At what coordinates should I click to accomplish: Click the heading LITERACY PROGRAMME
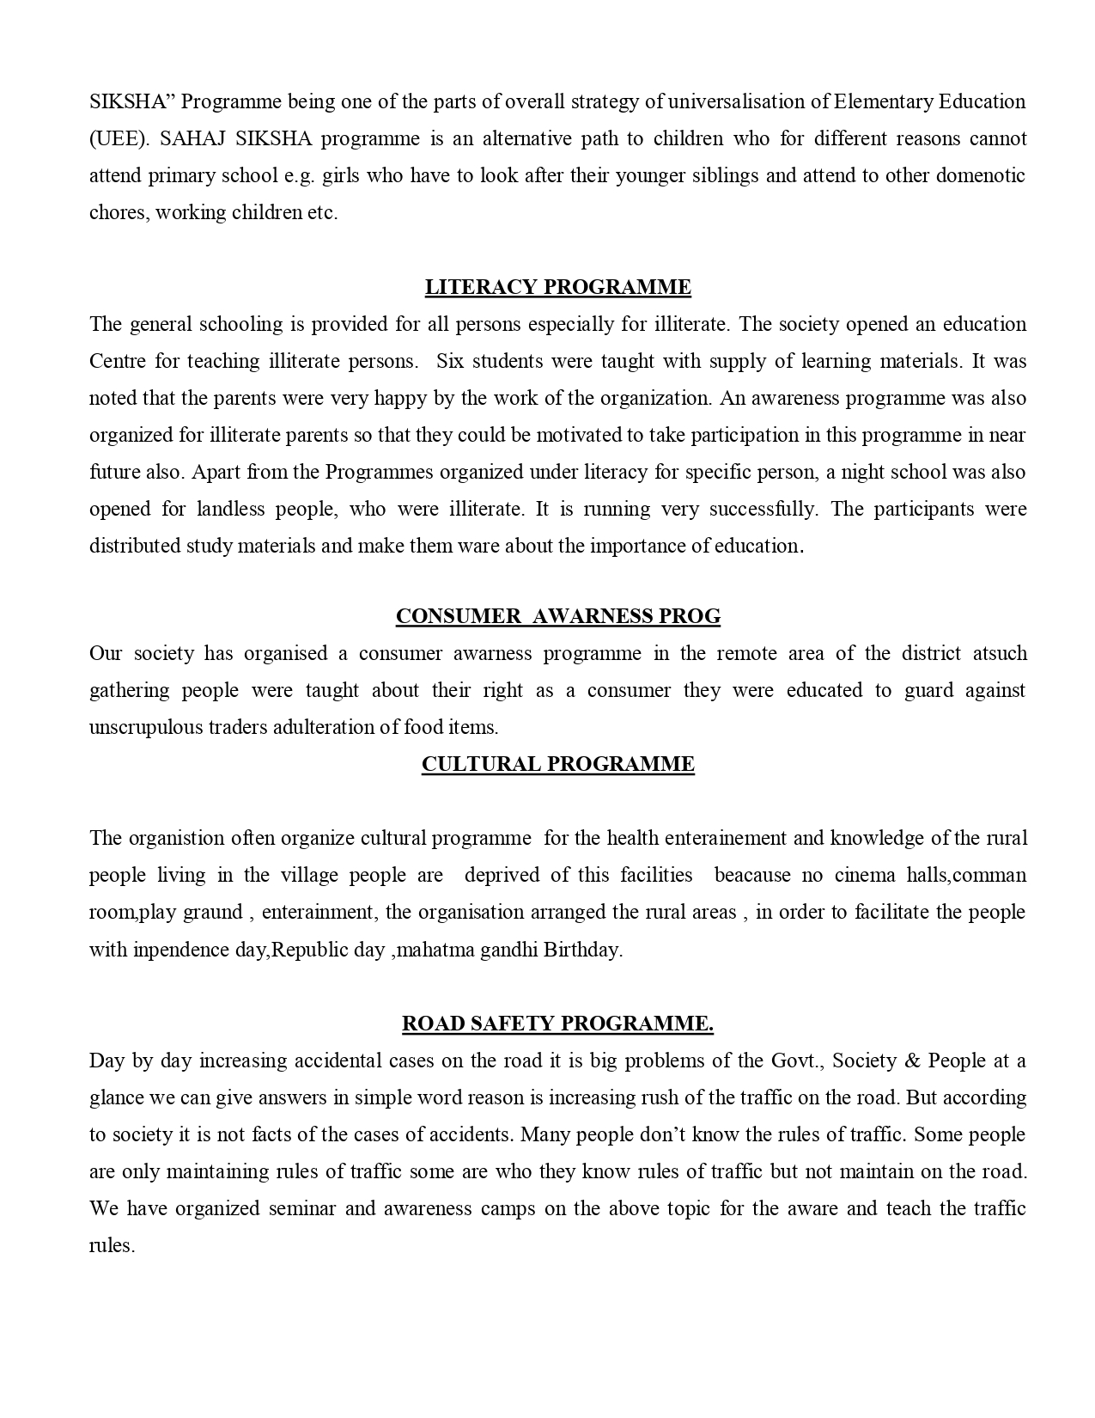557,287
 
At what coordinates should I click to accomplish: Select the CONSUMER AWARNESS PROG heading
557,616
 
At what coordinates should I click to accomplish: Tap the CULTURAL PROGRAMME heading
557,764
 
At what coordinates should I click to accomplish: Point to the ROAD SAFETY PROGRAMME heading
557,1024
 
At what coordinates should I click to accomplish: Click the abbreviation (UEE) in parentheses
112,139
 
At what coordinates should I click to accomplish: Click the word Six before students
449,362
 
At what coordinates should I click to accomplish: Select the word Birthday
581,950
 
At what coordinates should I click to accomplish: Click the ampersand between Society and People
912,1060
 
